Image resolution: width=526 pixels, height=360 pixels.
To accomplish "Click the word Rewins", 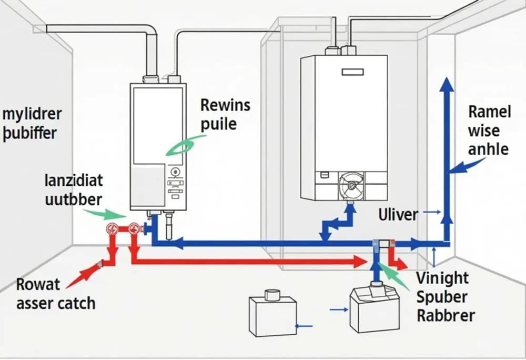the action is click(x=226, y=105).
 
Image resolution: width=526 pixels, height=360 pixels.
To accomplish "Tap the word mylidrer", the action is click(x=32, y=115).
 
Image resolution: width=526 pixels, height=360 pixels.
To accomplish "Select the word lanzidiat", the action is click(x=74, y=181).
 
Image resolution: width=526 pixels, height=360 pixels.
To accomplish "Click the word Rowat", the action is click(x=38, y=285).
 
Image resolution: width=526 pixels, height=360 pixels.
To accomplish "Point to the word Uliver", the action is click(x=398, y=214).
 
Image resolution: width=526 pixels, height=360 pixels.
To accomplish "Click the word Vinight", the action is click(x=442, y=278).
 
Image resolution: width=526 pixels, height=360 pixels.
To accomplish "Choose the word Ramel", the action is click(x=489, y=112).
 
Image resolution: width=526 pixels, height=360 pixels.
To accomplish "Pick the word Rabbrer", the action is click(x=446, y=315).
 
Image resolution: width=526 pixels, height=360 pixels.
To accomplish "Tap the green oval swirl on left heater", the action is click(x=181, y=147).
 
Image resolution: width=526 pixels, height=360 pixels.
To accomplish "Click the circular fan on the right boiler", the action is click(x=351, y=185).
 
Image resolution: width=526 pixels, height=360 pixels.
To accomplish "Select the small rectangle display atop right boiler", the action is click(x=352, y=72).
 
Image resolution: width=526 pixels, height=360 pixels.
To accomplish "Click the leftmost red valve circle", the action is click(x=112, y=229).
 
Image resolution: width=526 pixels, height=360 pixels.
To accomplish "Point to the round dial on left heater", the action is click(x=175, y=172).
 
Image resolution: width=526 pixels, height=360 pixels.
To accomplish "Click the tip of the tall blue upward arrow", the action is click(x=447, y=77).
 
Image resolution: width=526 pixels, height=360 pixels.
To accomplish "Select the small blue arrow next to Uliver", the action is click(x=432, y=212).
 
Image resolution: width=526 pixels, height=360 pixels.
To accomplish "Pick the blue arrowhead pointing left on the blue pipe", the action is click(x=177, y=243).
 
